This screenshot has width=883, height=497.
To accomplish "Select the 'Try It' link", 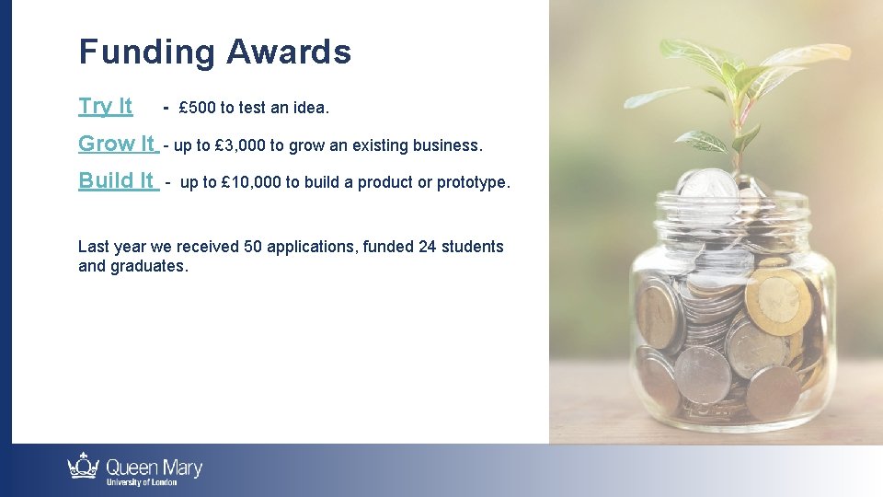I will [105, 106].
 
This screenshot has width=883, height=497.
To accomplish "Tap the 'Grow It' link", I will [117, 144].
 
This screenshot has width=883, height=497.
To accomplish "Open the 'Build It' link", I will [117, 180].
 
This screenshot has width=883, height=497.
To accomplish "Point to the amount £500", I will [197, 108].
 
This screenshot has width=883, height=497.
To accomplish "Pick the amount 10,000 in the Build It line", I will [251, 182].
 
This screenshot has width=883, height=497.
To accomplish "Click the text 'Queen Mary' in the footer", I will [154, 468].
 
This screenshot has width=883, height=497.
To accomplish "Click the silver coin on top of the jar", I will [706, 184].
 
